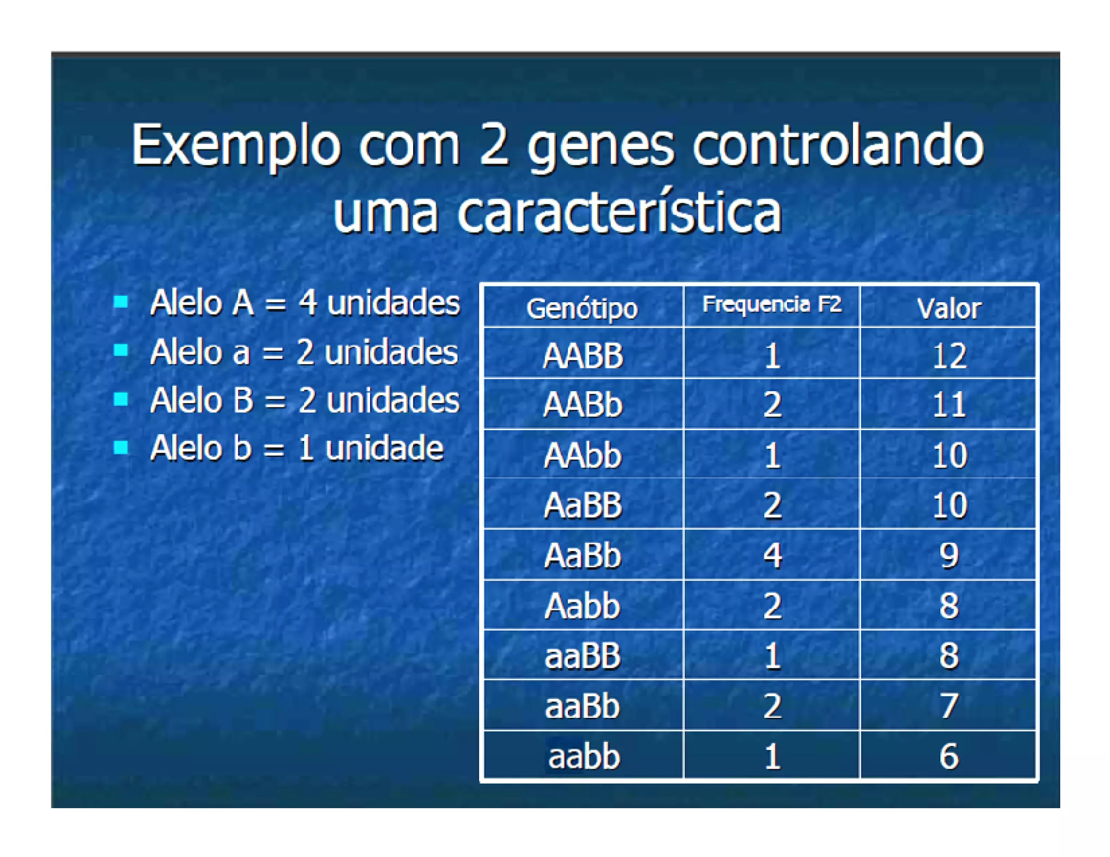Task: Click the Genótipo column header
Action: click(x=582, y=308)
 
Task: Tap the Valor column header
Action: click(x=948, y=308)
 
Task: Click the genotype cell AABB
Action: click(x=583, y=356)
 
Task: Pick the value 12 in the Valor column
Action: click(x=948, y=356)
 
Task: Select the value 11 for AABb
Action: click(x=948, y=405)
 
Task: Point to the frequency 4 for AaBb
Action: click(x=772, y=555)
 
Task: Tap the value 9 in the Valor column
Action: click(x=948, y=555)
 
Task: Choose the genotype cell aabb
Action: click(x=584, y=756)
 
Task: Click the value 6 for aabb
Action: click(x=948, y=756)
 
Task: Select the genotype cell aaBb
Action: click(x=582, y=706)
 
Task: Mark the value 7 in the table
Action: click(x=948, y=706)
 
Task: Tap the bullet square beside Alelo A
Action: click(x=121, y=302)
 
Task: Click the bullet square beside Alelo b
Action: click(x=121, y=447)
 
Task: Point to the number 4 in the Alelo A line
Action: click(x=308, y=302)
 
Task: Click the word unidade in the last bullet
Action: click(x=384, y=449)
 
